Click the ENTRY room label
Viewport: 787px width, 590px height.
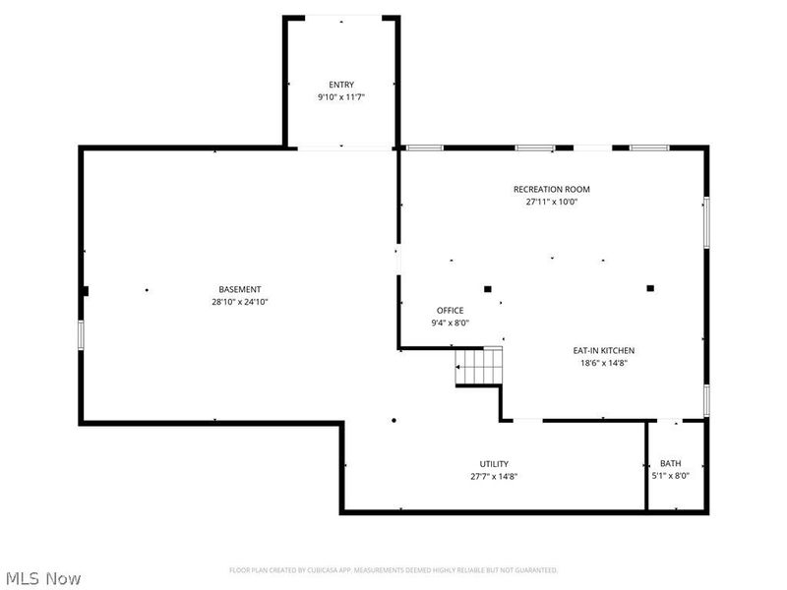[x=341, y=85]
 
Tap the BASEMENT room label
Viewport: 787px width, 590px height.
[x=240, y=289]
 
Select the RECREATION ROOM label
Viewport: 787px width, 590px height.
[x=551, y=189]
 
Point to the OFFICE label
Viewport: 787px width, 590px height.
[x=450, y=311]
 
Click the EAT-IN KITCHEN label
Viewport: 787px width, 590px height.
[x=604, y=350]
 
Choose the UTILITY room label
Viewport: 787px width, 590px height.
[x=494, y=464]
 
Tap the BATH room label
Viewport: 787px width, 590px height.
[x=670, y=464]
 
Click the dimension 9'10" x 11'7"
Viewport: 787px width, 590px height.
[x=341, y=97]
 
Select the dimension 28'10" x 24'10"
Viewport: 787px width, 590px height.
[x=240, y=302]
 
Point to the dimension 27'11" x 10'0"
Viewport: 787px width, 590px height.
[x=551, y=202]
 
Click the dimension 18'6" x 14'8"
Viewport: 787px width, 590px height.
[x=604, y=363]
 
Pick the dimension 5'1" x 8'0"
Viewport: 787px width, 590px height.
[x=670, y=477]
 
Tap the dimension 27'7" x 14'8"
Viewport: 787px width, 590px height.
[x=494, y=477]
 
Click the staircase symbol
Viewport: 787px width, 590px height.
[x=478, y=369]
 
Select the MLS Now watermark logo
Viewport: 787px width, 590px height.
[x=43, y=578]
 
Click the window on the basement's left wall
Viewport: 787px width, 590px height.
[x=82, y=334]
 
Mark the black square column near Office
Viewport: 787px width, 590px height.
[x=487, y=289]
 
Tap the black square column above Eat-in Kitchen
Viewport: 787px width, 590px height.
[x=650, y=288]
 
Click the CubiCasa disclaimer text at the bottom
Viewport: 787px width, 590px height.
[x=393, y=570]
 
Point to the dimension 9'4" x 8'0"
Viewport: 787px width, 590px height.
[x=450, y=324]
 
